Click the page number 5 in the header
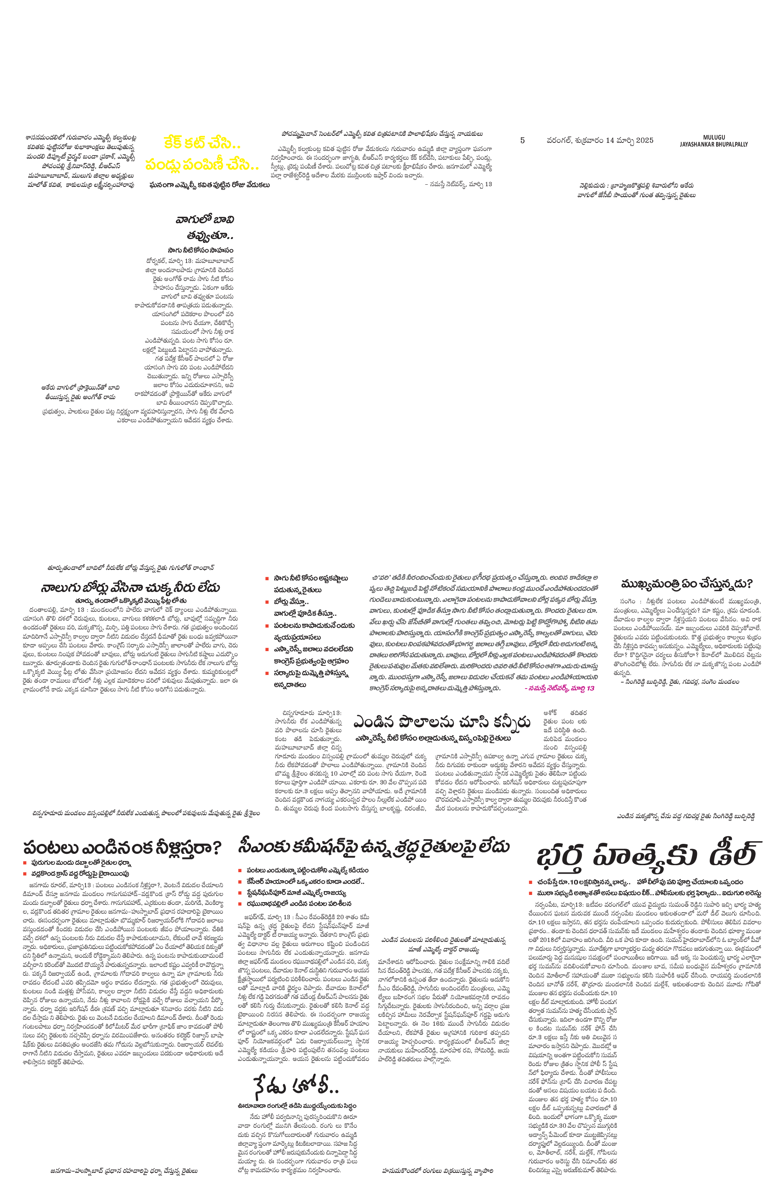click(x=522, y=141)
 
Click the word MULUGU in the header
click(x=714, y=138)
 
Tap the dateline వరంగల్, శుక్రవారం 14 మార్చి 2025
click(x=600, y=141)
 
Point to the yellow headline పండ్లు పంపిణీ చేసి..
click(x=202, y=165)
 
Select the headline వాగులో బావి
click(x=205, y=220)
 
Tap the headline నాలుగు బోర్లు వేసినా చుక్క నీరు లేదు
click(x=130, y=588)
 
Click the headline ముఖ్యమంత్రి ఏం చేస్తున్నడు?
click(x=687, y=584)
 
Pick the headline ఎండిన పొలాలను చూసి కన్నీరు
click(x=441, y=722)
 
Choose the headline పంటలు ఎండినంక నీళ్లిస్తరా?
click(x=122, y=848)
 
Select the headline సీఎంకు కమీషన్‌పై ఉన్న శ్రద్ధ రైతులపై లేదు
click(x=374, y=847)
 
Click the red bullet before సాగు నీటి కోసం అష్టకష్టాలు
click(x=267, y=579)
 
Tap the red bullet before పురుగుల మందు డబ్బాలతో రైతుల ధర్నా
click(x=26, y=863)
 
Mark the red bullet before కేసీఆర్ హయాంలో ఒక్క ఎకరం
click(x=241, y=882)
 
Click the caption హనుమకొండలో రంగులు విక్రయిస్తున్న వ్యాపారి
click(x=437, y=1171)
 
